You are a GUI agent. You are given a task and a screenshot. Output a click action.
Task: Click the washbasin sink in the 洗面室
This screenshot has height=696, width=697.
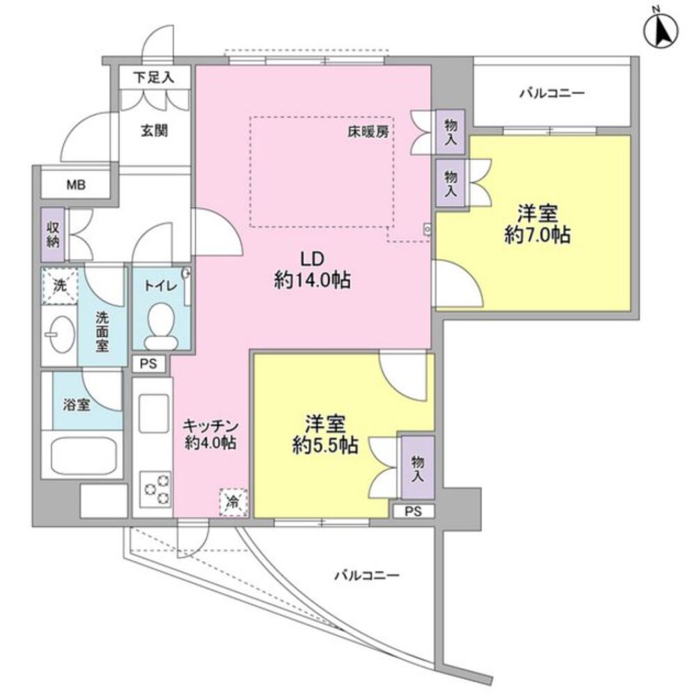tap(61, 334)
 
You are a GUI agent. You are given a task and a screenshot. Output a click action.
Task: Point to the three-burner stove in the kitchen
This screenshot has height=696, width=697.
tap(155, 490)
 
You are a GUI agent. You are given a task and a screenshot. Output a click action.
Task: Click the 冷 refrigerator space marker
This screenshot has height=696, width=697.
tap(233, 503)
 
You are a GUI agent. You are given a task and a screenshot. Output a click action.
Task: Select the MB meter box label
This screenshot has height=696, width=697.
tap(76, 185)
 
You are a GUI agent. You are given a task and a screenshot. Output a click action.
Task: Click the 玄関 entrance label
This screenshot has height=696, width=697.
tap(155, 131)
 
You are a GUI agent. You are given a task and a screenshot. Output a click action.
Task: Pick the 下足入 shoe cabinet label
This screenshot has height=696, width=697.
tap(154, 78)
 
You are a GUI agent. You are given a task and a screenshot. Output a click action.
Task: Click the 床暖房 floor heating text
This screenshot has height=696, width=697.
tap(368, 132)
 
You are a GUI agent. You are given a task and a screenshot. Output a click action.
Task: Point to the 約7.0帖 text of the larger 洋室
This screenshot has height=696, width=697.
tap(538, 235)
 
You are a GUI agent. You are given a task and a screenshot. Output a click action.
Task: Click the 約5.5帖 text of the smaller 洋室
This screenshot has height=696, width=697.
tap(325, 445)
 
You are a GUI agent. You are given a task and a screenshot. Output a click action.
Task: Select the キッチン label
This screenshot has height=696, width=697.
tap(211, 426)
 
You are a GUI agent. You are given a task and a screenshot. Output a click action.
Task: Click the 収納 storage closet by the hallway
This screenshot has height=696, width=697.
tap(53, 235)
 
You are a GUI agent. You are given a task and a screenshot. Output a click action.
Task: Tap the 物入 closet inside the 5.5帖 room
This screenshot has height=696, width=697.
tap(418, 468)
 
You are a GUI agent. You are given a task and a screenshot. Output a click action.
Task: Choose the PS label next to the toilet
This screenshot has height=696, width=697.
tap(148, 363)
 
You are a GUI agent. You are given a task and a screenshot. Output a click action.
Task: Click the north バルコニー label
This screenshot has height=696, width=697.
tap(552, 94)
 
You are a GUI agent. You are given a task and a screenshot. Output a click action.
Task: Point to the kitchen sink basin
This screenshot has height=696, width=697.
tap(154, 413)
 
